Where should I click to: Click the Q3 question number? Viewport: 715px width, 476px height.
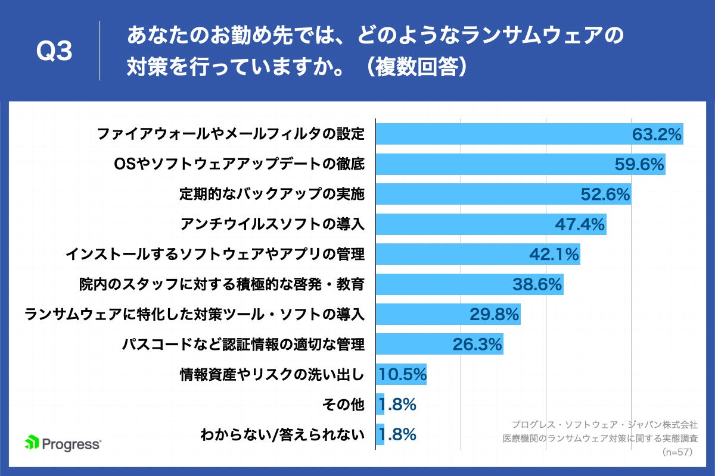tap(54, 52)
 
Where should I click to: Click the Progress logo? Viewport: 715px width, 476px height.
tap(63, 443)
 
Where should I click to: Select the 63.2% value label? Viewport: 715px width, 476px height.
tap(657, 134)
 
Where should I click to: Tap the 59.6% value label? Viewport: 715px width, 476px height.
tap(639, 165)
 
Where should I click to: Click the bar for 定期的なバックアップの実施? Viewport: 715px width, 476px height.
tap(477, 195)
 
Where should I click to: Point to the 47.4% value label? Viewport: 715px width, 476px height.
tap(580, 224)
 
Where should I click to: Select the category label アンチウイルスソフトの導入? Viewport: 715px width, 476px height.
tap(272, 224)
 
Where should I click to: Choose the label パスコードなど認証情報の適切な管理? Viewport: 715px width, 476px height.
tap(243, 345)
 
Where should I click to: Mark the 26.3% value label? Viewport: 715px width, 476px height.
tap(477, 345)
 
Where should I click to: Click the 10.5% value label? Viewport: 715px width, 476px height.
tap(402, 375)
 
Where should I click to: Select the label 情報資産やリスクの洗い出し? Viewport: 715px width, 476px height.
tap(272, 375)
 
